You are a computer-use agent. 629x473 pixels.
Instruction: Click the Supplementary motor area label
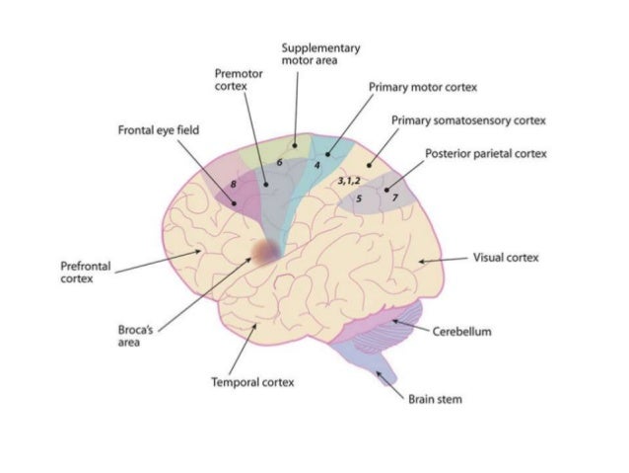point(319,53)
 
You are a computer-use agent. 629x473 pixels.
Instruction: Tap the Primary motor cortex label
point(422,87)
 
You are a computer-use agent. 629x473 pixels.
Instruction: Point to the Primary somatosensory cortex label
point(467,120)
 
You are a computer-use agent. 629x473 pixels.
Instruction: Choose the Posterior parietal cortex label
point(486,154)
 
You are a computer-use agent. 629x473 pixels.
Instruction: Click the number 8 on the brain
point(234,184)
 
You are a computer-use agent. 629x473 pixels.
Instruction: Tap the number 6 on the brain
point(280,161)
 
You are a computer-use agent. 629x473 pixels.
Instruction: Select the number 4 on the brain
point(316,166)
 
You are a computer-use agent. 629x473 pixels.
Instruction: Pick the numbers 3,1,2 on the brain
point(349,183)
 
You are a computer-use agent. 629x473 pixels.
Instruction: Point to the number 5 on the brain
point(360,198)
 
